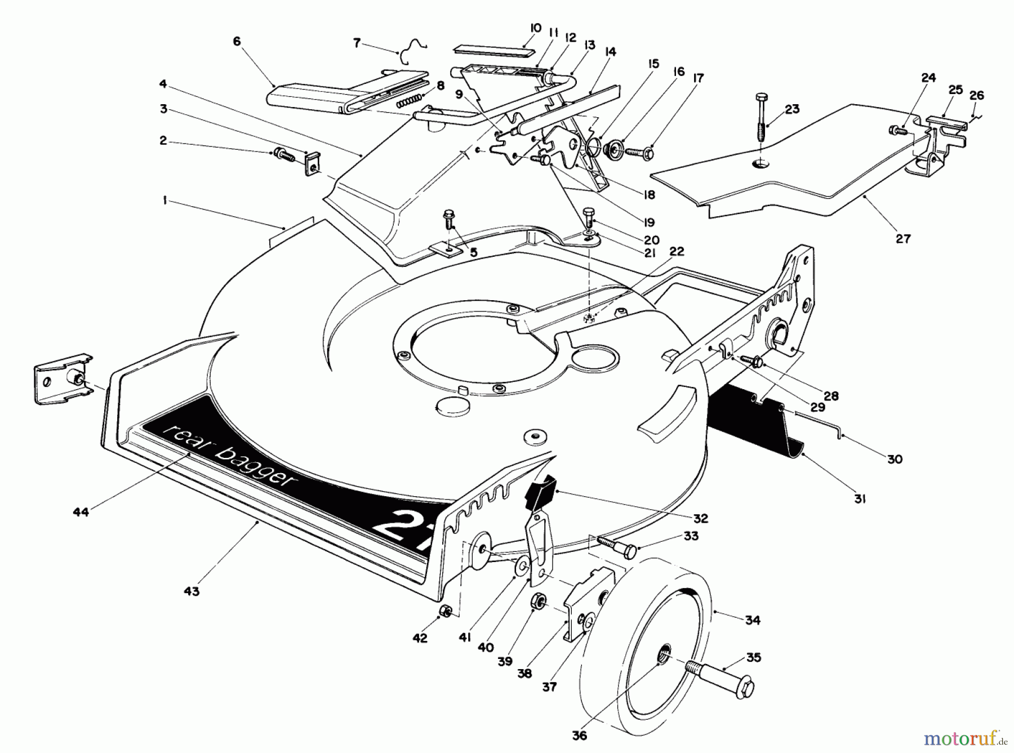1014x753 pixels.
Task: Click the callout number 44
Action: click(81, 512)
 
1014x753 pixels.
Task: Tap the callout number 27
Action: click(903, 238)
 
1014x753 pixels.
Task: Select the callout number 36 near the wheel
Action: click(579, 736)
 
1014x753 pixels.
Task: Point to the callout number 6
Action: click(236, 41)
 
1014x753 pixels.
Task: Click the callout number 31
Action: click(859, 498)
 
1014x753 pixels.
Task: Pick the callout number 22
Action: click(677, 251)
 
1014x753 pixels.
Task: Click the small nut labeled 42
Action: click(445, 611)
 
